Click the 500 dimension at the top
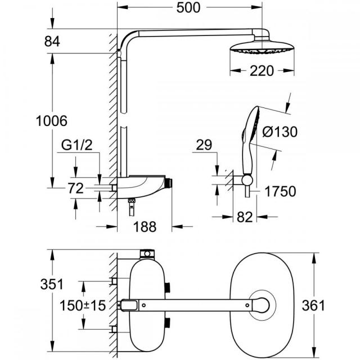[188, 7]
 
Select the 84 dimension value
[52, 42]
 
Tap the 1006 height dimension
[52, 121]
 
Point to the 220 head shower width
[262, 71]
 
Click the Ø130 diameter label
[280, 132]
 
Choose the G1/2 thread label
[77, 145]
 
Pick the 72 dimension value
[75, 188]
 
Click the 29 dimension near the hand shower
[204, 145]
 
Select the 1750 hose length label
[280, 191]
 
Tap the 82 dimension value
[245, 217]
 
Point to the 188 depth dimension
[145, 227]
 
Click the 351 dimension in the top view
[52, 284]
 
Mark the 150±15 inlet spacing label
[83, 305]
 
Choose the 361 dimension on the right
[313, 305]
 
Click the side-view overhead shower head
[262, 47]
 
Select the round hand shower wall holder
[248, 180]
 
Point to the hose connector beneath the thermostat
[132, 208]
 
